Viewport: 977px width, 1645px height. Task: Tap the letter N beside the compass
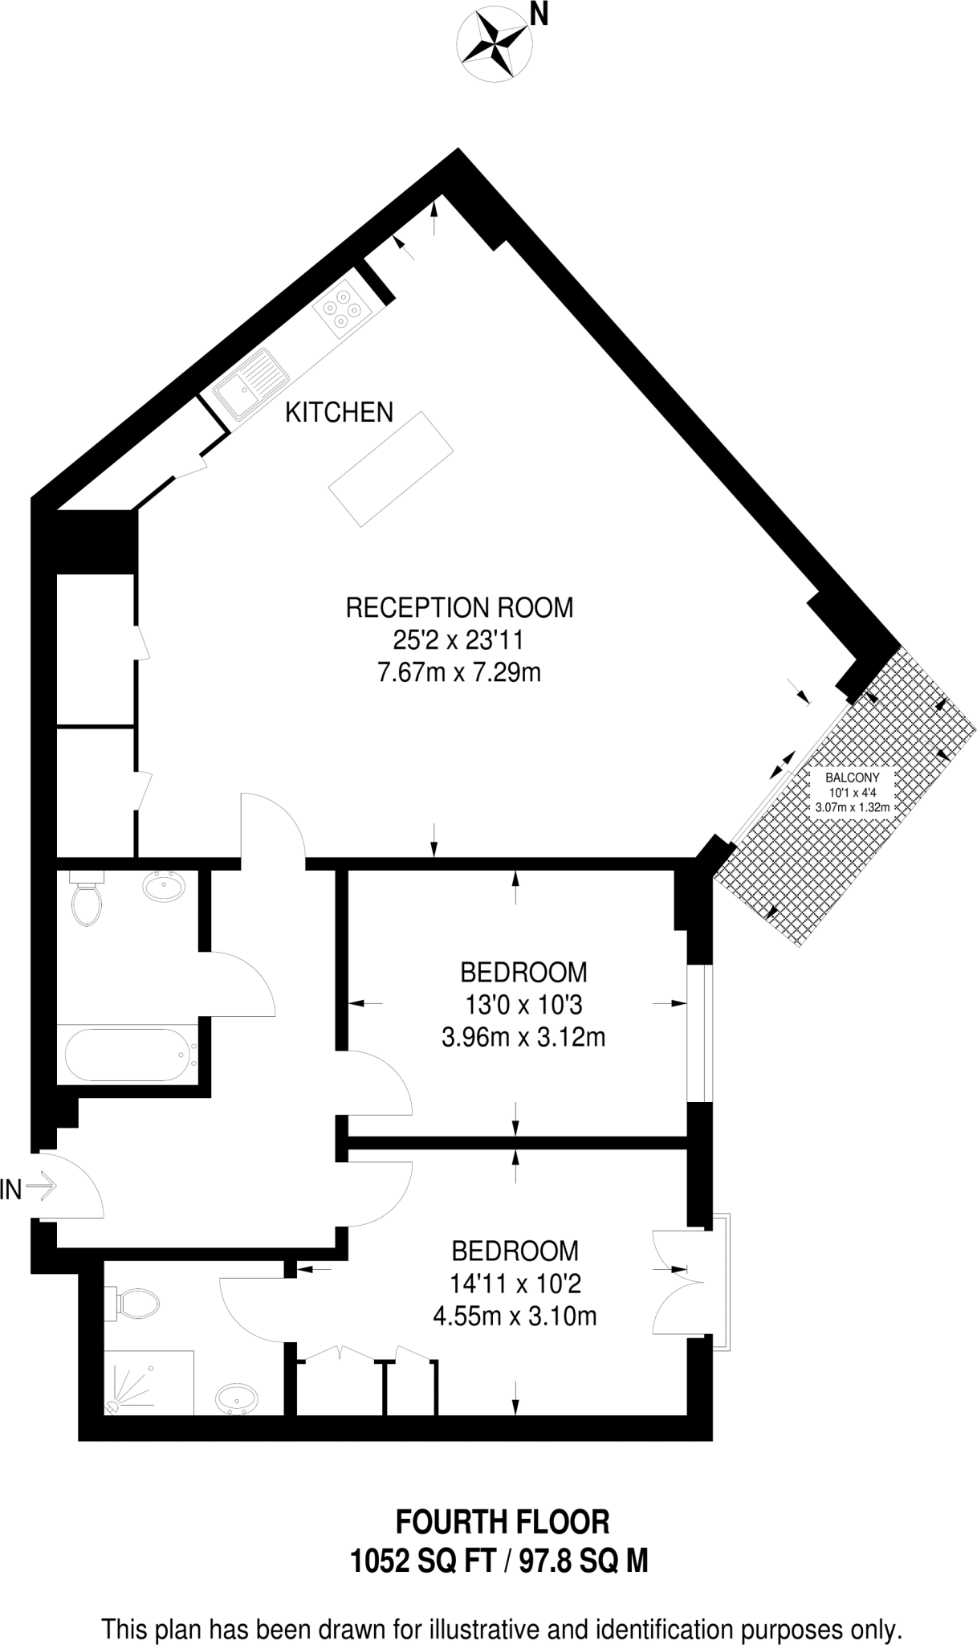(x=539, y=14)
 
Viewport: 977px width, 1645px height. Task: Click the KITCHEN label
(x=340, y=413)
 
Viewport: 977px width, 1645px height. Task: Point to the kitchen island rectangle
(x=390, y=468)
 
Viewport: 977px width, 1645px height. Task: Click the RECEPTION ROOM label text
(x=459, y=607)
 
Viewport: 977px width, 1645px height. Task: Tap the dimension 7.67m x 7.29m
(x=459, y=672)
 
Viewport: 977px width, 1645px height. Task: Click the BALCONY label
(x=852, y=778)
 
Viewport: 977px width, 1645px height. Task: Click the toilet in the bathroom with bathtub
(x=85, y=900)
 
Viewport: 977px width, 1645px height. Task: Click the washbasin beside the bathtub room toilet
(x=164, y=887)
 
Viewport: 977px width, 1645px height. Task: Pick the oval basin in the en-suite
(x=237, y=1398)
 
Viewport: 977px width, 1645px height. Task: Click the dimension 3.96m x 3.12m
(x=523, y=1038)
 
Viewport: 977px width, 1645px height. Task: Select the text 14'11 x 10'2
(x=515, y=1284)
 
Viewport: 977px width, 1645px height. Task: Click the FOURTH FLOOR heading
(x=503, y=1521)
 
